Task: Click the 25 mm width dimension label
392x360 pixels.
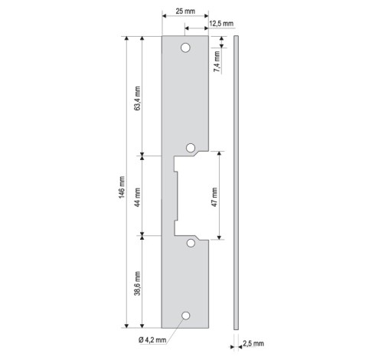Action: pyautogui.click(x=185, y=11)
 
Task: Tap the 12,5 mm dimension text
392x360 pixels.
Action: pyautogui.click(x=221, y=24)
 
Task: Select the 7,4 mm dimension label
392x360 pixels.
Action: pyautogui.click(x=217, y=61)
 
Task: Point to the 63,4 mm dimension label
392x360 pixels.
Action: pyautogui.click(x=137, y=98)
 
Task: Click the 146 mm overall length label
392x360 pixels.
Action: pyautogui.click(x=122, y=187)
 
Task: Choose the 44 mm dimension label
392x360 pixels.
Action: pyautogui.click(x=137, y=198)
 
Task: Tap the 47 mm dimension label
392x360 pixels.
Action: pyautogui.click(x=214, y=197)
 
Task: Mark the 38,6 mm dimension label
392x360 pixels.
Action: pyautogui.click(x=137, y=283)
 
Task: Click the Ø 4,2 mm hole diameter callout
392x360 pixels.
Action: pyautogui.click(x=152, y=340)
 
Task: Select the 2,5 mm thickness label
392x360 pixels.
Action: pyautogui.click(x=253, y=343)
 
